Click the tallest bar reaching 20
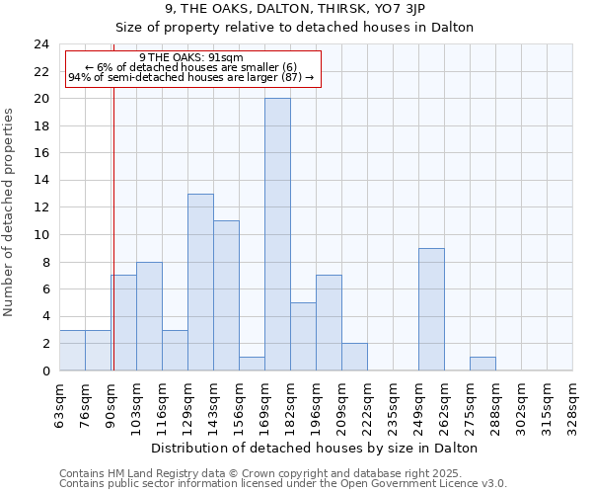(x=277, y=234)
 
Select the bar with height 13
(x=200, y=282)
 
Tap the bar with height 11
(x=226, y=295)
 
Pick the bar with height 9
(x=431, y=309)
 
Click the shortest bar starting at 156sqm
(x=252, y=364)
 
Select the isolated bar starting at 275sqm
(x=482, y=364)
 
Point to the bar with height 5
(x=303, y=336)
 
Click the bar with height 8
(x=149, y=316)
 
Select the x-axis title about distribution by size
(x=316, y=448)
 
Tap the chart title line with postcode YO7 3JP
(x=295, y=9)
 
